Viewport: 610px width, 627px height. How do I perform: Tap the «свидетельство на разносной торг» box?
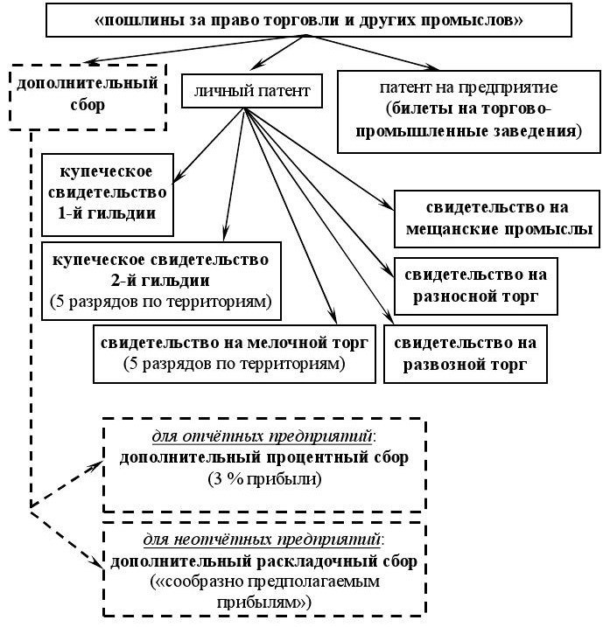(x=475, y=286)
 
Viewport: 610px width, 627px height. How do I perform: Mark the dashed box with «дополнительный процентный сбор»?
(x=264, y=458)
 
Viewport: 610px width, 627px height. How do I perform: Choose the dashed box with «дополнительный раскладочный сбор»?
(x=264, y=568)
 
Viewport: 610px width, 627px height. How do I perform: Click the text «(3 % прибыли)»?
(x=264, y=479)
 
